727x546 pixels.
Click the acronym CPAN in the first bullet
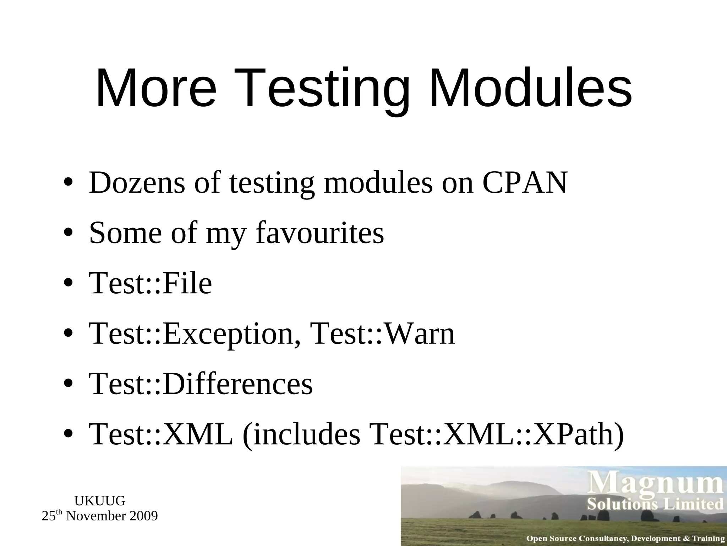point(525,183)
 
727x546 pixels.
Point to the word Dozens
point(137,183)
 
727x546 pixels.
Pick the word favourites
point(320,233)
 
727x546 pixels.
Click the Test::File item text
point(151,283)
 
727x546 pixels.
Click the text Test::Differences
point(201,384)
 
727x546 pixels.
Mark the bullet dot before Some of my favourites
point(68,234)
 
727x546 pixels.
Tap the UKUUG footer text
point(100,501)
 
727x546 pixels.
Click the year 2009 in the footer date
point(143,516)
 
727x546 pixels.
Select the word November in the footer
point(96,516)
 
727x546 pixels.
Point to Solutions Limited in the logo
point(655,504)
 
